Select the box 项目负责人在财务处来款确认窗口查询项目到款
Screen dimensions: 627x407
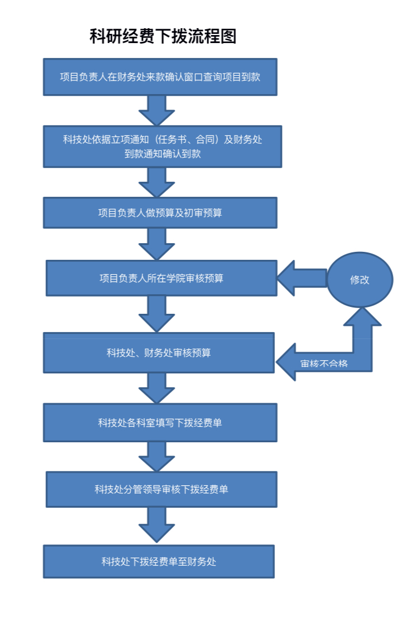tap(160, 77)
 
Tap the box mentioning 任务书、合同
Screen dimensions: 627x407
tap(162, 146)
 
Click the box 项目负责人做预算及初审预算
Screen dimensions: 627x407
tap(160, 213)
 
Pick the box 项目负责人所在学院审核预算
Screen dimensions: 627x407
tap(161, 278)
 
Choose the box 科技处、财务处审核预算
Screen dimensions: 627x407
tap(159, 353)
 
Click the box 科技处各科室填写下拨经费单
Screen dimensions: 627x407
tap(160, 423)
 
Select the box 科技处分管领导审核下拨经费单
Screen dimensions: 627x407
tap(161, 489)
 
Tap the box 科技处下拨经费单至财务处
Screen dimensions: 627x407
tap(159, 562)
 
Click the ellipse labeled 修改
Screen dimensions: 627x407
tap(360, 280)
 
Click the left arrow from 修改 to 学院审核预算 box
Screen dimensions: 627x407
tap(302, 278)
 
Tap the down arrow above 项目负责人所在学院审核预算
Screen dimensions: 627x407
tap(157, 244)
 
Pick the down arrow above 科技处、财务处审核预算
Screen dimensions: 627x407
tap(157, 313)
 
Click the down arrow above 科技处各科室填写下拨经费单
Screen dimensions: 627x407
tap(157, 388)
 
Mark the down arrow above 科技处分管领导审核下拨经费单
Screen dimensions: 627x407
tap(157, 457)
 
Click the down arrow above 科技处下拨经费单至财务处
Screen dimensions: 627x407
tap(157, 525)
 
